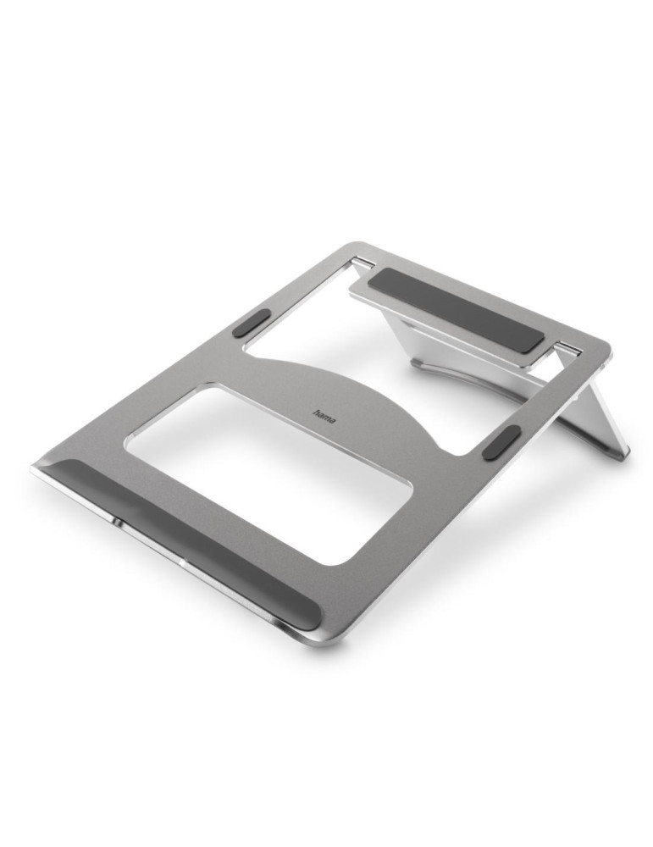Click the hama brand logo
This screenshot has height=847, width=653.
324,415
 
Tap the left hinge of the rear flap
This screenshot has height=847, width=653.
362,263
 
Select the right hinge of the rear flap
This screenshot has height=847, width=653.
568,348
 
